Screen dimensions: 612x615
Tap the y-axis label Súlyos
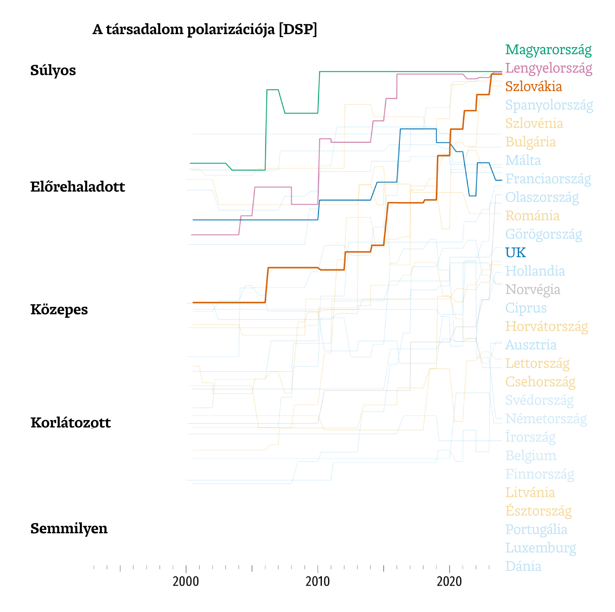53,70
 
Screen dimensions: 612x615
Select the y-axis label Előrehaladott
77,187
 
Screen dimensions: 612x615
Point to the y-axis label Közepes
59,309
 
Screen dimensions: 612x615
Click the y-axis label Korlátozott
70,423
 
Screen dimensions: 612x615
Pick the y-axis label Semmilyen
69,528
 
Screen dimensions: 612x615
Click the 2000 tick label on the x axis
185,581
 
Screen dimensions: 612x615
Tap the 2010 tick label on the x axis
317,581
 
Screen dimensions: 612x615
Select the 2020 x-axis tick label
449,581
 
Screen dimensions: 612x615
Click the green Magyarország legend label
548,50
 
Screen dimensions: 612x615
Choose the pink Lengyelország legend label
548,68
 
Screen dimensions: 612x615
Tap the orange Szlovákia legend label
533,86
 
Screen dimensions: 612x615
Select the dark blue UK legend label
515,252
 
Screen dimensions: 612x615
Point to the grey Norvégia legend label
532,290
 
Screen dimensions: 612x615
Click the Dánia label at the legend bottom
523,566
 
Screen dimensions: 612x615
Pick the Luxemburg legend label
540,548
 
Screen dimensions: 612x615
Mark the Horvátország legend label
546,327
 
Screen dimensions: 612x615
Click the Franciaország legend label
547,179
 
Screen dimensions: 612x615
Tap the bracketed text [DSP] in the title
298,29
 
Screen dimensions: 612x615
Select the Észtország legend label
538,511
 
